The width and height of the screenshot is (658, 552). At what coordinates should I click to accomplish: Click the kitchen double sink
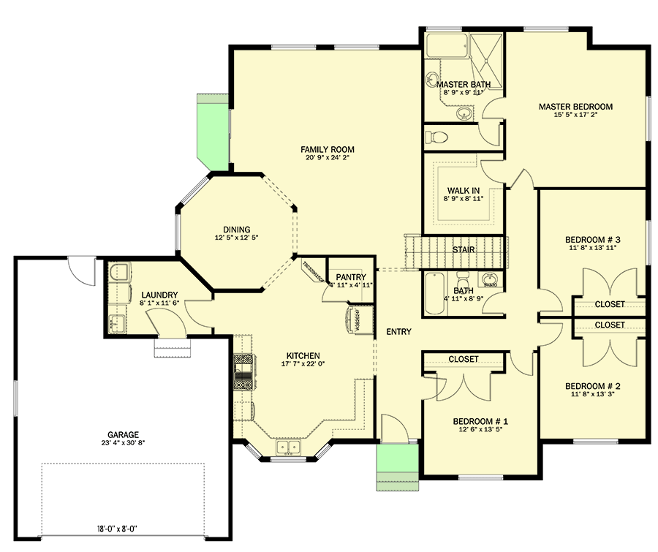(287, 447)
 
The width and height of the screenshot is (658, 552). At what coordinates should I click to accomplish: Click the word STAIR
(464, 250)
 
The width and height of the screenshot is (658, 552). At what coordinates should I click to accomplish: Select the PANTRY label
(350, 277)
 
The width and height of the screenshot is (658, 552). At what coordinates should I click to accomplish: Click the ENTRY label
(398, 332)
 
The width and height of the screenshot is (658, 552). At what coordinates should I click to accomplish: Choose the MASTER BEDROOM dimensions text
(575, 116)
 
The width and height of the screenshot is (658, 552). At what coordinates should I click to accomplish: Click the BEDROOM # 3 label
(592, 240)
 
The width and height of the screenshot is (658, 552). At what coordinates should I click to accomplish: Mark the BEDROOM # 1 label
(480, 422)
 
